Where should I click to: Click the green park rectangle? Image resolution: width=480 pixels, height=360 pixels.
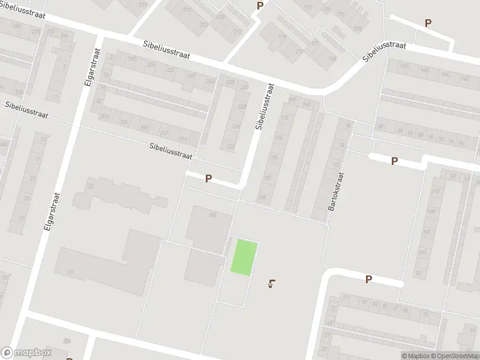[245, 258]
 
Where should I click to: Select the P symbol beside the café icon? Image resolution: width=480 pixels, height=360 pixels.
[368, 279]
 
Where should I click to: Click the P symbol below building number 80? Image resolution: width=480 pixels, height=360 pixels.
[394, 161]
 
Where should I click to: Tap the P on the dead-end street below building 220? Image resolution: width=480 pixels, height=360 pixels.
[208, 178]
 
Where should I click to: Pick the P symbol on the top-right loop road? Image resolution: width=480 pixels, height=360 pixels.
[428, 23]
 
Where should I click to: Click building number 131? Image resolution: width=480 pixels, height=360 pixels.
[70, 272]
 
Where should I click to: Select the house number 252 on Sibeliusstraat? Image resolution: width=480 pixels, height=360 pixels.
[171, 70]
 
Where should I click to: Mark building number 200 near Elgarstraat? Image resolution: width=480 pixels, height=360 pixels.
[105, 116]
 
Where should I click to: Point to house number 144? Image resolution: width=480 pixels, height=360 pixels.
[445, 74]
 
